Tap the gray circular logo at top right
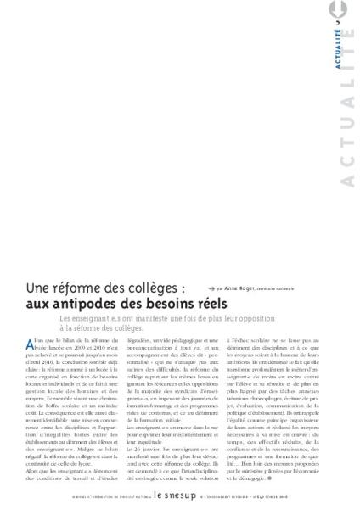(x=349, y=12)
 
